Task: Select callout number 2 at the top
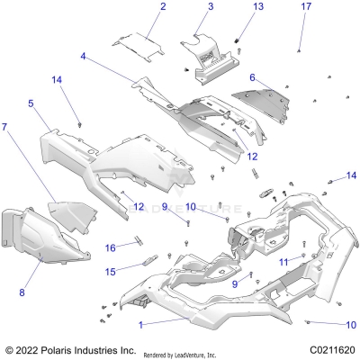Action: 163,7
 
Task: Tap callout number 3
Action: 210,7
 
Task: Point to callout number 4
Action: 83,57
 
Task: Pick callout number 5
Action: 31,104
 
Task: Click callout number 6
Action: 253,77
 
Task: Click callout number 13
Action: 257,7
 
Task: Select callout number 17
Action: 305,7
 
